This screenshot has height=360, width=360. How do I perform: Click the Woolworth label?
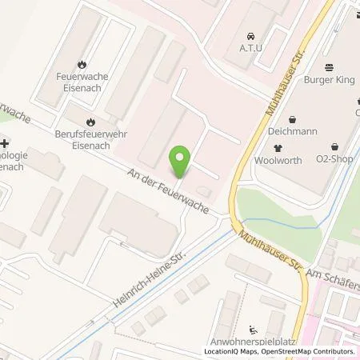pos(278,160)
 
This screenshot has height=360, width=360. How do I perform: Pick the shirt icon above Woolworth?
pos(278,148)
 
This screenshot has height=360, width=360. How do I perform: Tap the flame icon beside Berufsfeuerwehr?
pos(90,122)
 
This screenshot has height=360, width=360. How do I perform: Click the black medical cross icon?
pos(5,142)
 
